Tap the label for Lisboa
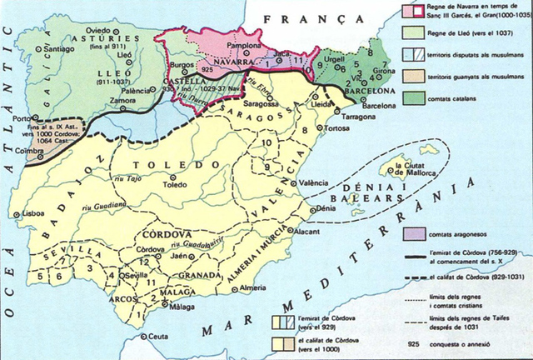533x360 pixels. point(33,213)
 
